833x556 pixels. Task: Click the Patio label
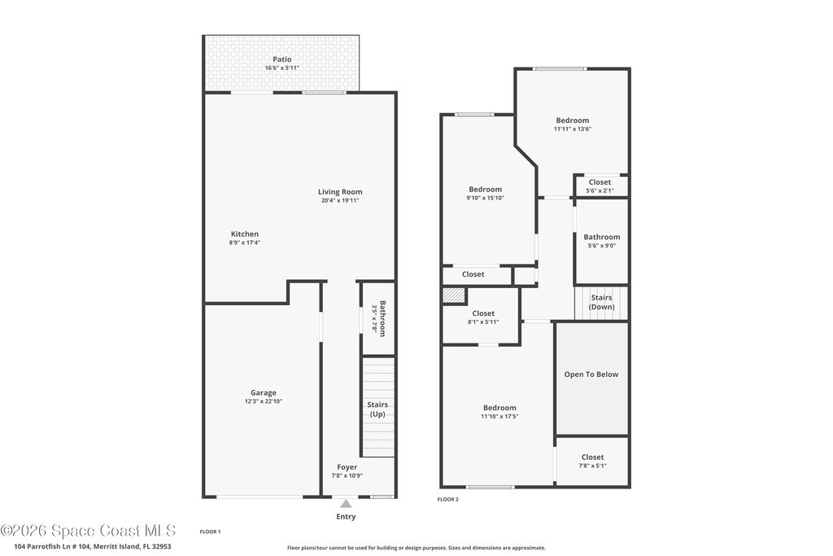282,59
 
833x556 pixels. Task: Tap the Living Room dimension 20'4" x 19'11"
340,200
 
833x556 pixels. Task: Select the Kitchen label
244,234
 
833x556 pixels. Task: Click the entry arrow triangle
346,503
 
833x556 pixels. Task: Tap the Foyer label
347,467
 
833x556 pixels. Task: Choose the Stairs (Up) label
377,409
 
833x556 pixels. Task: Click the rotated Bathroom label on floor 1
383,318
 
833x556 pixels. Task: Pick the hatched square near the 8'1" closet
454,295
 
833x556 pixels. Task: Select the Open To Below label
591,374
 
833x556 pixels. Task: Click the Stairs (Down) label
601,302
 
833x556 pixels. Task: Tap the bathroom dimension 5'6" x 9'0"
602,246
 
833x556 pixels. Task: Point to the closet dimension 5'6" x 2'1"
600,190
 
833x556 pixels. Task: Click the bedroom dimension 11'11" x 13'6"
573,129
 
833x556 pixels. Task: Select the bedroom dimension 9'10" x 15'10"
485,198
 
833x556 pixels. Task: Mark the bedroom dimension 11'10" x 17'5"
499,416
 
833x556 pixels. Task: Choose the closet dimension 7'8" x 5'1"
592,466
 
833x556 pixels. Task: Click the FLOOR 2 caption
448,499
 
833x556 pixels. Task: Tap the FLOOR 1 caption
210,532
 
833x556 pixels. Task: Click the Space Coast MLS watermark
88,531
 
